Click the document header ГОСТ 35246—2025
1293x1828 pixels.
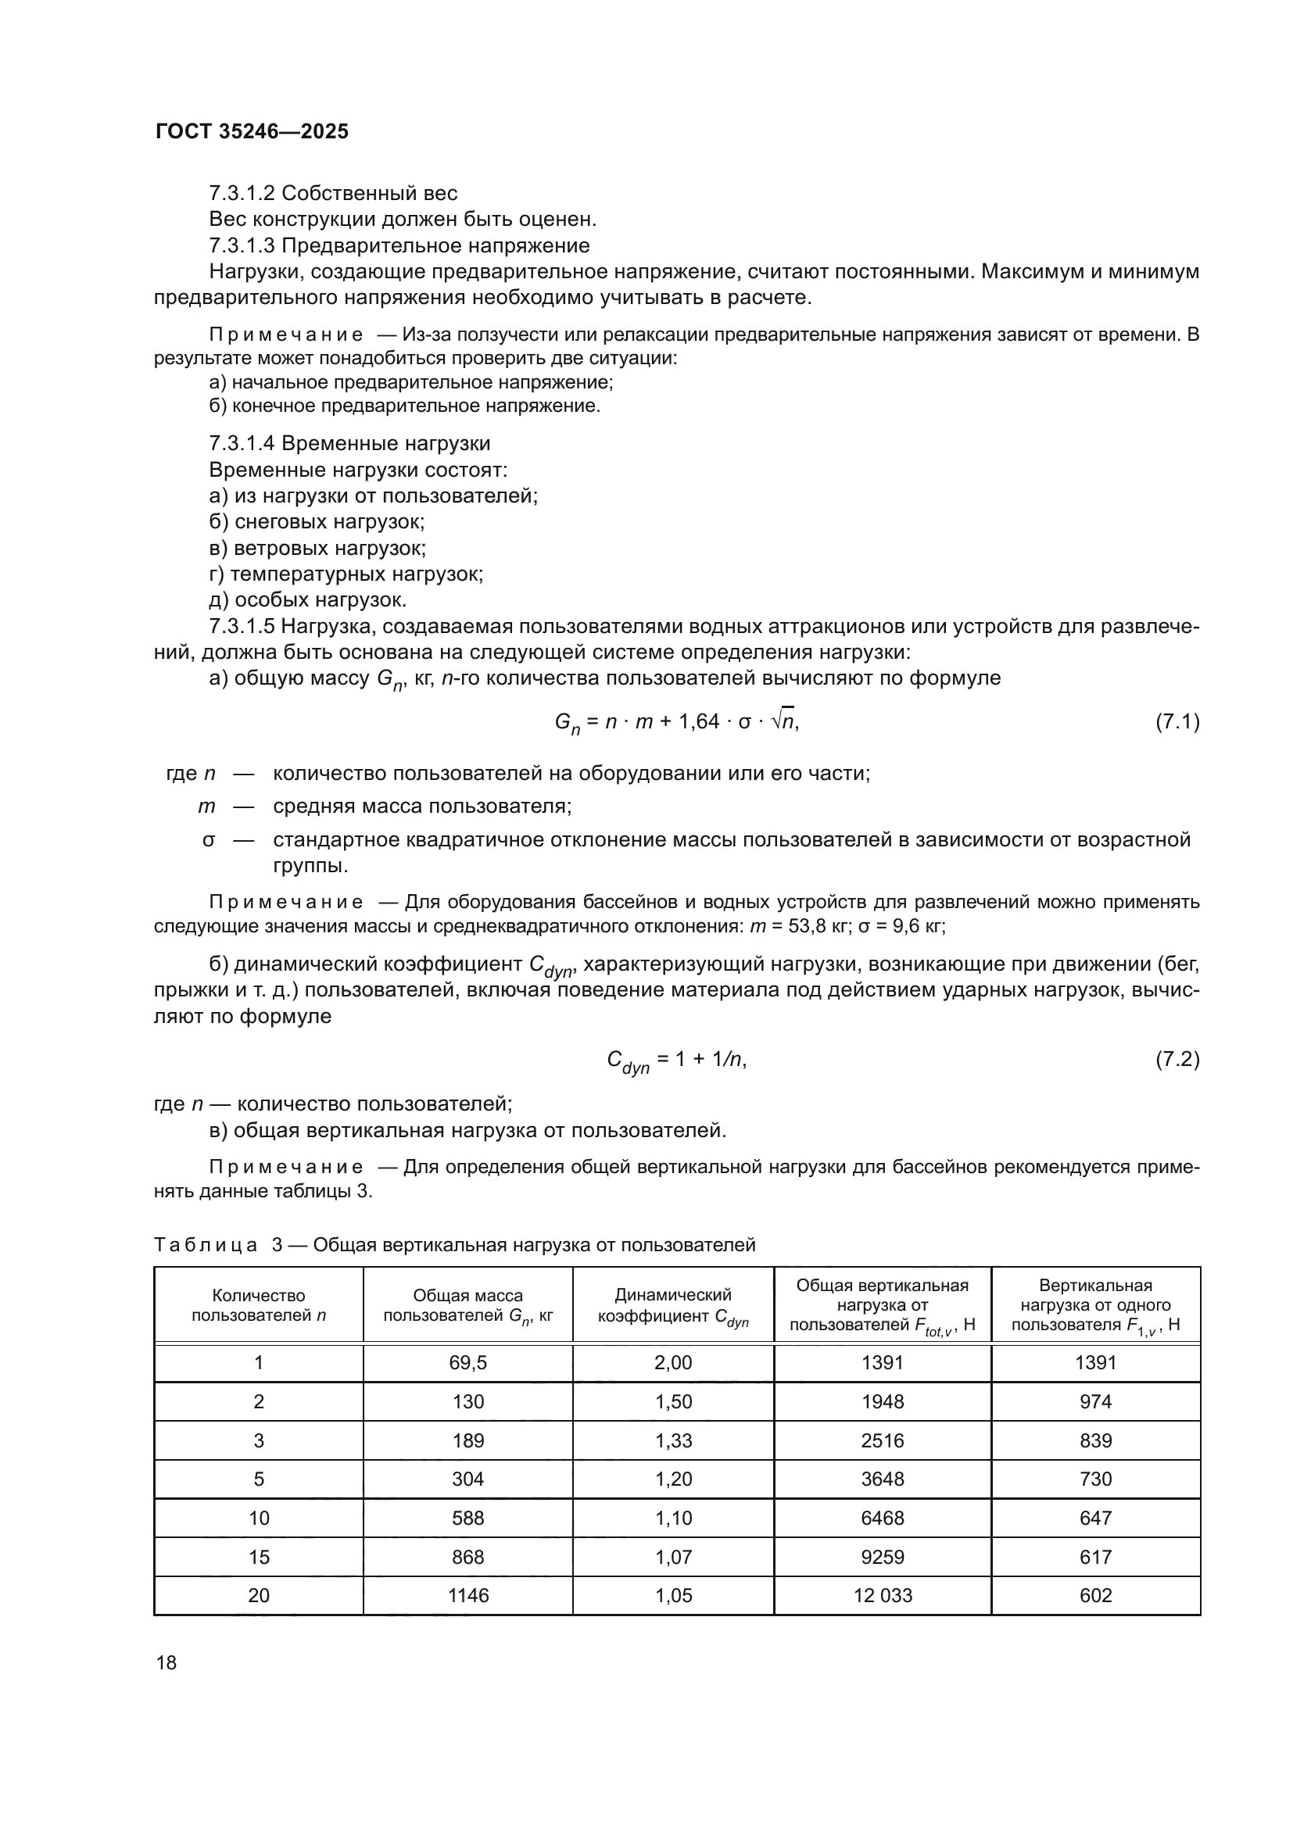[x=252, y=131]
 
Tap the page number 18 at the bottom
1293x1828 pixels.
[x=167, y=1662]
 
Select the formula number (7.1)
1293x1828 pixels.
[x=1177, y=721]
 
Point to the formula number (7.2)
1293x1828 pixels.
[x=1177, y=1059]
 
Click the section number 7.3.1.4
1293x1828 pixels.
[x=242, y=443]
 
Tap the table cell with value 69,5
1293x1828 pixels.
[x=467, y=1362]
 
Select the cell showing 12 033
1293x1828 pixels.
[x=882, y=1596]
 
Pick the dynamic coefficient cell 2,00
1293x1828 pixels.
[x=673, y=1362]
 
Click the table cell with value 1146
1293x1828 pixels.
[x=467, y=1596]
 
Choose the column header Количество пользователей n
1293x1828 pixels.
[x=258, y=1305]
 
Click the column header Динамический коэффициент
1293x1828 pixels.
[x=673, y=1305]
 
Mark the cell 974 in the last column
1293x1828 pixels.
[x=1095, y=1401]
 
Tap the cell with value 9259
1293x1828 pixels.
[x=882, y=1557]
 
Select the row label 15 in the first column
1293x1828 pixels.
[x=258, y=1557]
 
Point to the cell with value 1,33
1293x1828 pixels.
[x=673, y=1440]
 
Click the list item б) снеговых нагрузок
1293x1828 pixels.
[x=316, y=522]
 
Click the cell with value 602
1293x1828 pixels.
[x=1095, y=1596]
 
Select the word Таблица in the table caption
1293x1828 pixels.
[x=206, y=1244]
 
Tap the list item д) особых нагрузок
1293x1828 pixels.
[x=307, y=599]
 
